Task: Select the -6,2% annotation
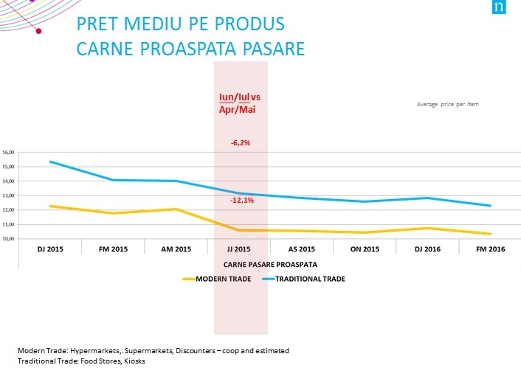coord(241,143)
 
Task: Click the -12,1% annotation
coord(241,200)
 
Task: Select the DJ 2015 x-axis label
coord(49,249)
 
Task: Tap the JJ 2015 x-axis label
coord(241,249)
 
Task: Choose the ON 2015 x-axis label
coord(365,249)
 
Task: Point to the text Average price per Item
coord(447,104)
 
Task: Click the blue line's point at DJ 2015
coord(49,162)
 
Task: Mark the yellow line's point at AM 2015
coord(176,209)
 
